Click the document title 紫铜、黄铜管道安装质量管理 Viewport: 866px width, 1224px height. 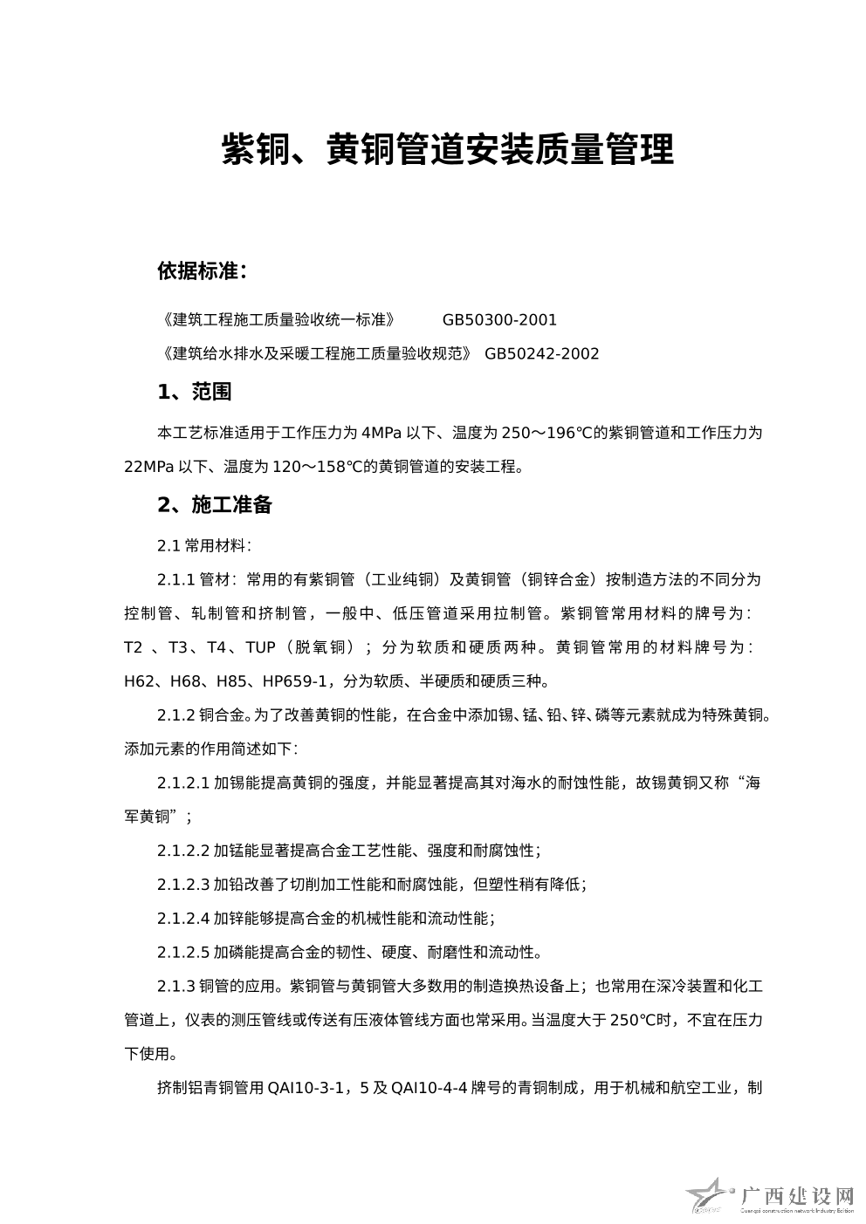click(447, 149)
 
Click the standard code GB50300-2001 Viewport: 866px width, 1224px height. click(499, 320)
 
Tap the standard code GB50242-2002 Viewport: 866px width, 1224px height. click(542, 353)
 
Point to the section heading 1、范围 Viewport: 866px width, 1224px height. click(195, 392)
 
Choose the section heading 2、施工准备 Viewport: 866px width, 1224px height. click(215, 505)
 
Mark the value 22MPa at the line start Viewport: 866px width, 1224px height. click(148, 467)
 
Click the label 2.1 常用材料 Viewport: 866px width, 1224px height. click(204, 546)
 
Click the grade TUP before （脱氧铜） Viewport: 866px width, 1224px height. click(261, 647)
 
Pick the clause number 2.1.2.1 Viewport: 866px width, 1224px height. click(183, 783)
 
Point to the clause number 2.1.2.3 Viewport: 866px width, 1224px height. click(183, 885)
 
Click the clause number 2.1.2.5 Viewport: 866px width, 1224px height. click(183, 952)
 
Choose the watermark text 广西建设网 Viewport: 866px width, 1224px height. click(796, 1194)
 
